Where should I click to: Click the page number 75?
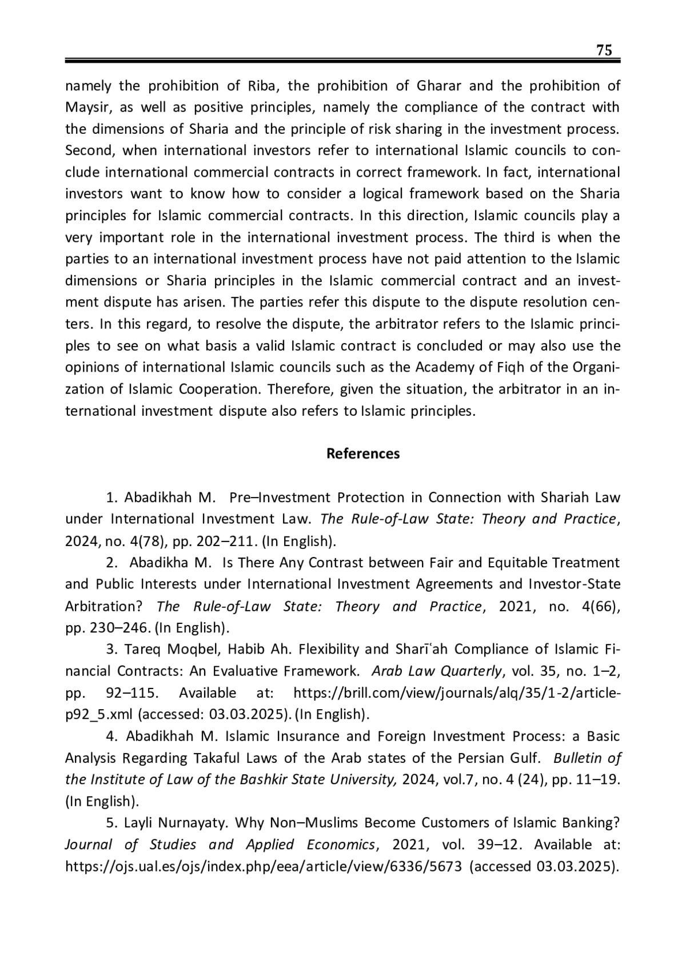coord(604,50)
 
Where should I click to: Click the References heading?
coord(363,453)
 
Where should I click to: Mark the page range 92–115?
coord(131,693)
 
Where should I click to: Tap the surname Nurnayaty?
coord(193,823)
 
